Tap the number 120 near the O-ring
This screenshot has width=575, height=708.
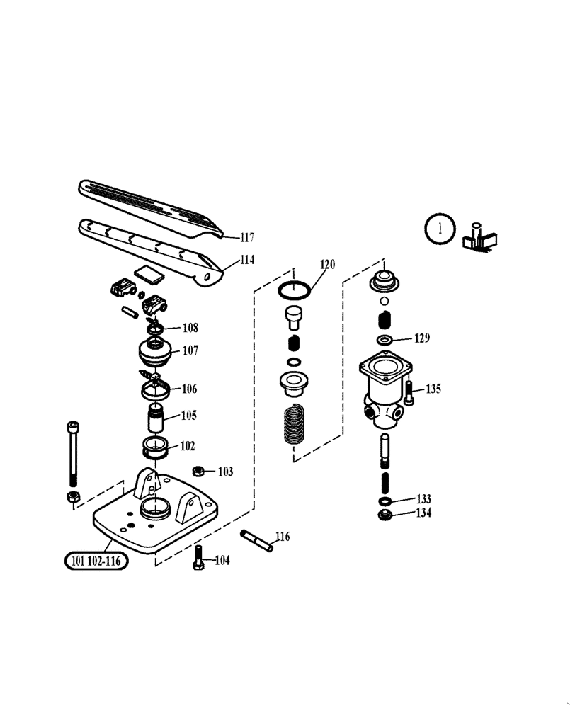point(326,265)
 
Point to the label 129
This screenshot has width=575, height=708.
point(421,338)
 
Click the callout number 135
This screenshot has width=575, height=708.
point(433,389)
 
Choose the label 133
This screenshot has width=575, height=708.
point(422,499)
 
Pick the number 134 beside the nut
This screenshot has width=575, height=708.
point(422,513)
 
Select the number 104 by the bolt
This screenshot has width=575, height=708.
point(222,561)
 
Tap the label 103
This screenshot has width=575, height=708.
point(224,472)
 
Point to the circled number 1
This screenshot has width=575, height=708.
point(441,229)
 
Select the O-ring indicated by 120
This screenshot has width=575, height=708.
point(292,290)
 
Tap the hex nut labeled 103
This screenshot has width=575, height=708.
point(200,471)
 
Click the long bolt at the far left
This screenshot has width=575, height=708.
point(72,454)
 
